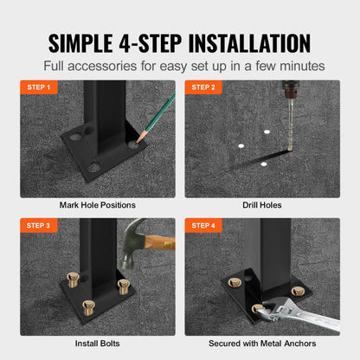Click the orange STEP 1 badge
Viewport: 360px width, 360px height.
pyautogui.click(x=39, y=87)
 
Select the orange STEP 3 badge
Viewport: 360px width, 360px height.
pyautogui.click(x=39, y=225)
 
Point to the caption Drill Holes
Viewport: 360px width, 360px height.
pyautogui.click(x=261, y=205)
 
